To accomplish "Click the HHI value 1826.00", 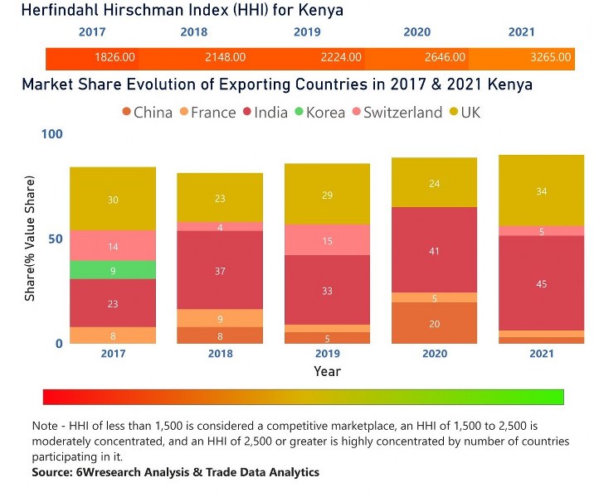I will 115,58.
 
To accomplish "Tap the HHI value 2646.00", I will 445,58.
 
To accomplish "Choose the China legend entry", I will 147,113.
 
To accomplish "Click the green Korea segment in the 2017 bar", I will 113,270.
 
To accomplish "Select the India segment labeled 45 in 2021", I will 541,283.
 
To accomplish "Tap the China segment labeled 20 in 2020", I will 435,323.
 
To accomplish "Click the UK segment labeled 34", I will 541,191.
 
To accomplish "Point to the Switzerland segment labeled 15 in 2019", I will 327,240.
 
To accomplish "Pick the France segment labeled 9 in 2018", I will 220,318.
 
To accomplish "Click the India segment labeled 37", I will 220,270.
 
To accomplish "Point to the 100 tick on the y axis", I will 51,134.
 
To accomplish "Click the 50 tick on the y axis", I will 55,239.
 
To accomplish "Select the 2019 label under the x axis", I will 327,354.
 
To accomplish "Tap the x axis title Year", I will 327,372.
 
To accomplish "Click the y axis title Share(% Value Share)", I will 30,239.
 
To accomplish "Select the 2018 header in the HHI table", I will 193,32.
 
